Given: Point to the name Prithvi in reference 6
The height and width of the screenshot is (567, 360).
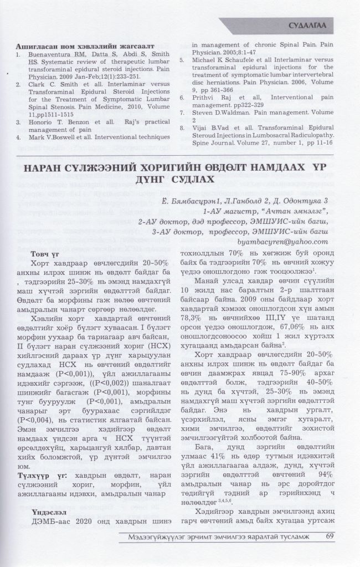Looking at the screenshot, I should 204,97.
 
